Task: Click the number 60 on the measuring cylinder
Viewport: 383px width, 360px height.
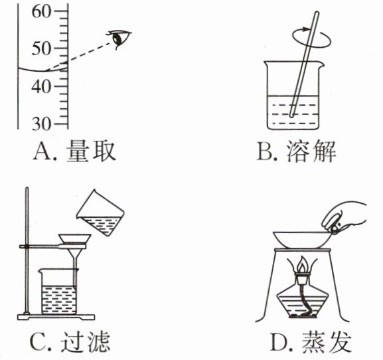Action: [x=42, y=12]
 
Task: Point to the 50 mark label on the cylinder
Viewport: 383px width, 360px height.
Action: [x=42, y=48]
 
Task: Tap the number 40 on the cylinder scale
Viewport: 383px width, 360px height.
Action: [x=42, y=86]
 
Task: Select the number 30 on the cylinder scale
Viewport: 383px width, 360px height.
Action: [x=42, y=124]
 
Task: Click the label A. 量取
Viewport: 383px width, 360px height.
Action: [x=74, y=151]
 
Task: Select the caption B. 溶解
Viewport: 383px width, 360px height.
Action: [x=297, y=151]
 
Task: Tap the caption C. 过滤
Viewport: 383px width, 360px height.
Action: [x=70, y=341]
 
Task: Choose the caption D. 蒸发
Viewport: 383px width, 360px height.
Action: [x=311, y=341]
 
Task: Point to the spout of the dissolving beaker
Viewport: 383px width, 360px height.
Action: [x=321, y=64]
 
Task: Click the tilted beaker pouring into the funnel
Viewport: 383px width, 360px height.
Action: [x=100, y=213]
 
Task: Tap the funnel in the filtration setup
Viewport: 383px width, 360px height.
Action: [x=75, y=252]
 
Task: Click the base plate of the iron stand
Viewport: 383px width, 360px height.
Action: [x=56, y=317]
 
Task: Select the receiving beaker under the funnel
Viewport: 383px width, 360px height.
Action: [x=58, y=292]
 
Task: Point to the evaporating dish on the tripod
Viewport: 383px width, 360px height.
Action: [x=303, y=239]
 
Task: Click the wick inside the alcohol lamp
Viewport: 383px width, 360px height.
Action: [x=305, y=300]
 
